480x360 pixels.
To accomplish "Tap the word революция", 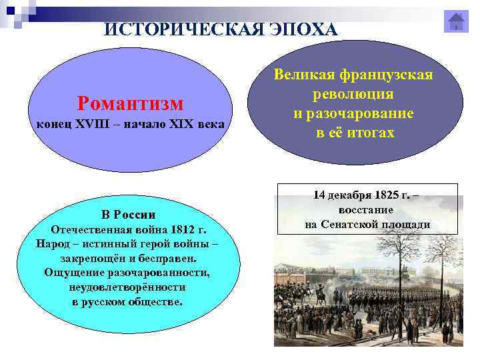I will pyautogui.click(x=355, y=94).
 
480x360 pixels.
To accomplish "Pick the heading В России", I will pyautogui.click(x=129, y=215).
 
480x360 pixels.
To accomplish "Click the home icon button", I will pyautogui.click(x=457, y=22).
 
